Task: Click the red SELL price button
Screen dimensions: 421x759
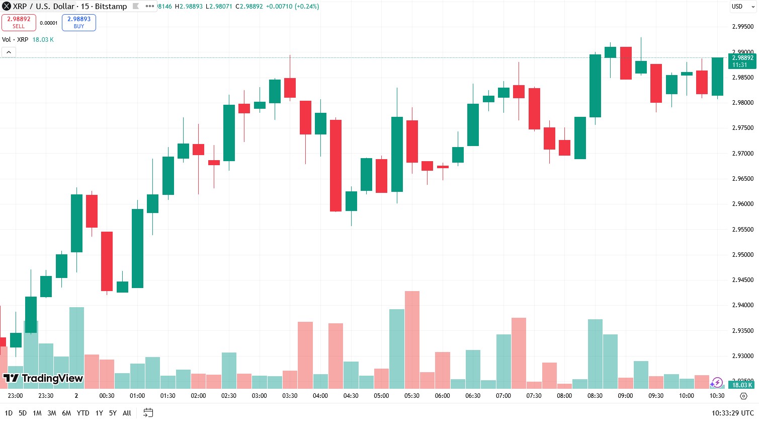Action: pos(19,23)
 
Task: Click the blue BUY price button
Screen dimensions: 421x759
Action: pos(79,23)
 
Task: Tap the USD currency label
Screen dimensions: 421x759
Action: pos(737,7)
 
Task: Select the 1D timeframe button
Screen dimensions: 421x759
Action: pos(9,413)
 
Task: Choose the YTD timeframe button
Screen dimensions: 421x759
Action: pos(83,413)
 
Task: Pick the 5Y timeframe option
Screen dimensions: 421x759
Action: pos(113,413)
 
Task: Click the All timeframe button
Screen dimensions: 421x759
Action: pos(127,413)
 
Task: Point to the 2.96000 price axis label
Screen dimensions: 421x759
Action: pos(742,204)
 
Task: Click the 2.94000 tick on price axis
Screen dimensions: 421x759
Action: pos(742,305)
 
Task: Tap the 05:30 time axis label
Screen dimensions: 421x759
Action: pos(412,396)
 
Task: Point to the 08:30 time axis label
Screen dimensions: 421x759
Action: pos(595,396)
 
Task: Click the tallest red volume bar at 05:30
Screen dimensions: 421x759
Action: pos(412,339)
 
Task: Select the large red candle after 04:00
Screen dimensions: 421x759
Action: pos(335,165)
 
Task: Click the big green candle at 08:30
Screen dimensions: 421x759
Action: pos(595,86)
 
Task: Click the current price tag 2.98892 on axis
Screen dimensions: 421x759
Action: pos(742,61)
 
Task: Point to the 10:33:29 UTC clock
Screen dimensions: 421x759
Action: pos(732,413)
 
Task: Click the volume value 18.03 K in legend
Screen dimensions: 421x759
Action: pos(43,40)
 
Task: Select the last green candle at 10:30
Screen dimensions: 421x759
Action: pos(717,77)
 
